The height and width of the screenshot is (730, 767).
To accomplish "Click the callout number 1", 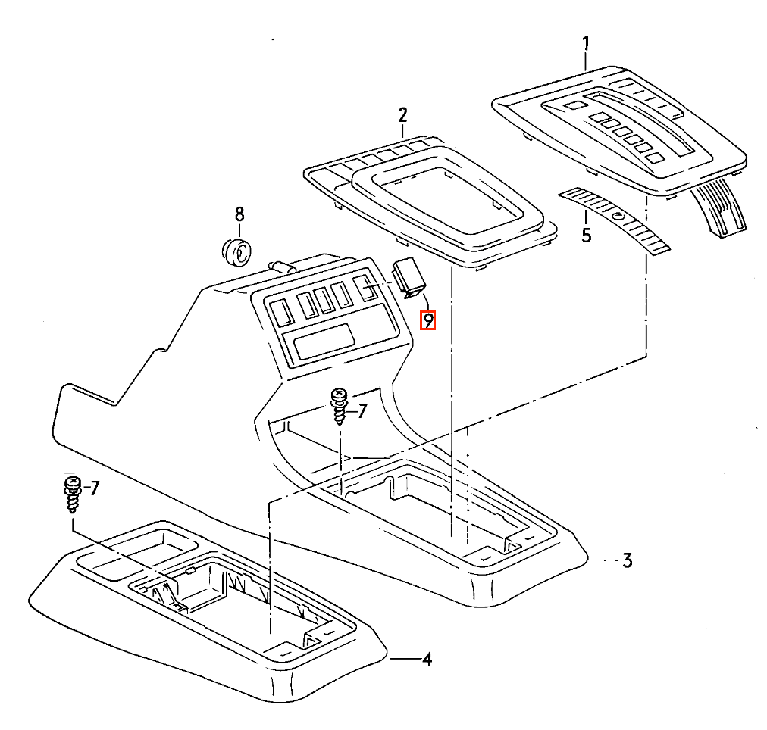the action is coord(586,43).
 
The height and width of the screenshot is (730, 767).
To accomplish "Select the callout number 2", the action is coord(402,115).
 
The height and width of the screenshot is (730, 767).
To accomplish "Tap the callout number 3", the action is coord(628,560).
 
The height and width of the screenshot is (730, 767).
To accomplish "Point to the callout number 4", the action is coord(427,659).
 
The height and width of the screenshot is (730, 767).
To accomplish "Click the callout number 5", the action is coord(587,235).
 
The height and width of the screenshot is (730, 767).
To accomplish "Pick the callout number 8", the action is coord(239,214).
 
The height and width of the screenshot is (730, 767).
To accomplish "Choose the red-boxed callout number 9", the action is coord(428,320).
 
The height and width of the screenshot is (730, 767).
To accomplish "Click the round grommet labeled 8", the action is coord(236,252).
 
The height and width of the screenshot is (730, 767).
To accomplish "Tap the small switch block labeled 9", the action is coord(409,278).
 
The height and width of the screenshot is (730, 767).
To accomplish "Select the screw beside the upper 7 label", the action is coord(339,406).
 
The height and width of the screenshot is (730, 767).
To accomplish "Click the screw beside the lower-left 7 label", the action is coord(73,494).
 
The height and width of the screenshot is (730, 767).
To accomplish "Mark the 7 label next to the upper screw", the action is coord(362,411).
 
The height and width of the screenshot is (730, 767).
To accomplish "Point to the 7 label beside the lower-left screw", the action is coord(95,488).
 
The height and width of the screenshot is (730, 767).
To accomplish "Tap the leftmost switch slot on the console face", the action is coord(282,313).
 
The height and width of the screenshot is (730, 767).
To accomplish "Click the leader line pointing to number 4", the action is coord(405,659).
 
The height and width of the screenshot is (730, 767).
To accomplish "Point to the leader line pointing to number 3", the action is coord(607,560).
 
